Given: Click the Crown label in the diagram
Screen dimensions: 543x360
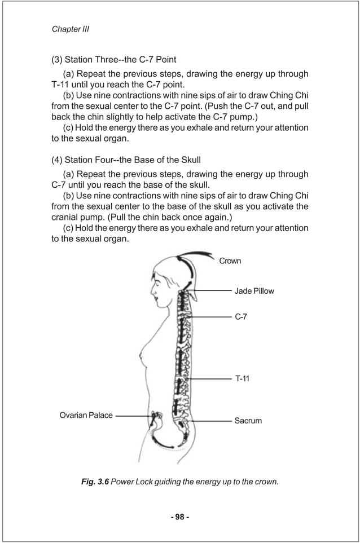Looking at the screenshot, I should (x=230, y=261).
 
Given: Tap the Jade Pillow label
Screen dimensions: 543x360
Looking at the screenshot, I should (x=254, y=291).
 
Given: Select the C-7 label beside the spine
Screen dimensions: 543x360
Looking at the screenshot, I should (x=241, y=317).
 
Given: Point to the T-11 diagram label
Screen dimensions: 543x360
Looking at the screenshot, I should (x=242, y=378).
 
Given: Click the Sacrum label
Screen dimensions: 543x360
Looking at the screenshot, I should (x=248, y=421).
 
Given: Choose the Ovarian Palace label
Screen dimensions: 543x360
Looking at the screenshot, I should (x=86, y=416).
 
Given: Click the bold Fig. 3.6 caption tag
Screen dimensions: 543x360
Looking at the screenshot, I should (x=95, y=482).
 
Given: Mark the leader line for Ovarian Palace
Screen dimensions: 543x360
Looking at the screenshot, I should (x=133, y=416).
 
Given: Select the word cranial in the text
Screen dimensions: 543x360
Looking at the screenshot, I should (x=67, y=217).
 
